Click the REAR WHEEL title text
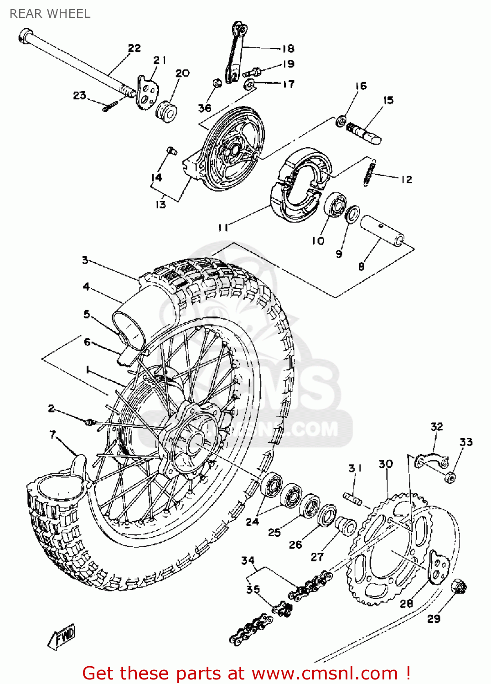point(50,14)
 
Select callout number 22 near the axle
point(134,48)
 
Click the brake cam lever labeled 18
point(236,52)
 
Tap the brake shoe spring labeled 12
point(370,172)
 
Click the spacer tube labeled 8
point(382,232)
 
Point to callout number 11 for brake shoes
point(222,227)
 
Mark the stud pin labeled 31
point(352,499)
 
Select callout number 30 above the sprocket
point(386,464)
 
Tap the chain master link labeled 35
point(283,609)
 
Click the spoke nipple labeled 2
point(89,422)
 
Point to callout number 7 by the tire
point(53,435)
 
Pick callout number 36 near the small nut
point(205,108)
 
